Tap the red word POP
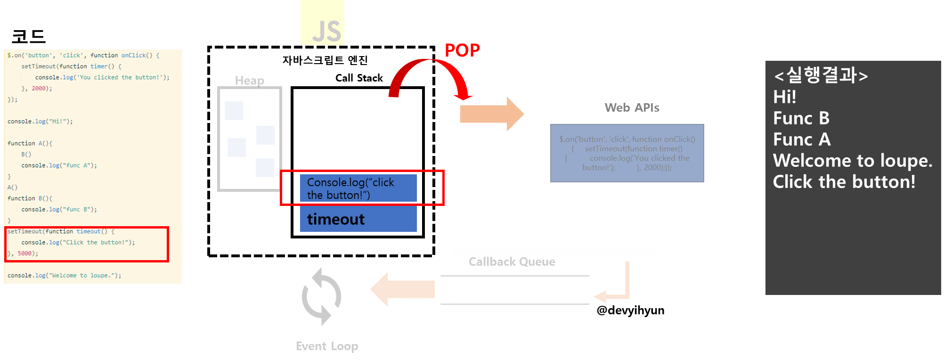point(462,50)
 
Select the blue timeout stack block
point(358,220)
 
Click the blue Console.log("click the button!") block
point(358,188)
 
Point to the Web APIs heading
point(632,108)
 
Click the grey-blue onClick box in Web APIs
point(627,153)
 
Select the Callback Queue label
point(512,262)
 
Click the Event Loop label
point(327,346)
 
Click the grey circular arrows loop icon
point(322,296)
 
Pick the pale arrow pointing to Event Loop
point(403,289)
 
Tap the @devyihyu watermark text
point(627,310)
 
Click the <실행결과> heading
point(820,75)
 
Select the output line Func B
point(801,118)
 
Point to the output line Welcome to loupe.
point(852,161)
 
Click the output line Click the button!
point(844,182)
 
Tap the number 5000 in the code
point(24,254)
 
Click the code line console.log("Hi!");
point(40,122)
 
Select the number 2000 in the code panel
point(39,89)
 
